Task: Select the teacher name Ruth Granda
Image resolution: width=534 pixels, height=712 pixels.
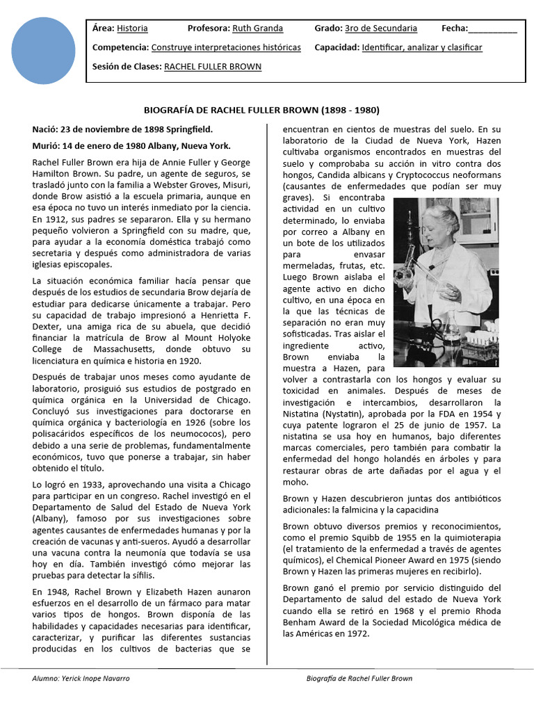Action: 258,29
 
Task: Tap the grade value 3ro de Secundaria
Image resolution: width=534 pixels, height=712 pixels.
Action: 381,29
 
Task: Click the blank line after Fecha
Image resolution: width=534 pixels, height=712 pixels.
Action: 493,30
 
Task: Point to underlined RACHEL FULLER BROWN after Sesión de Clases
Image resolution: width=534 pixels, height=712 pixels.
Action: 212,67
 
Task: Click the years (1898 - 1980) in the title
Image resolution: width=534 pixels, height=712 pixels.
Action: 350,111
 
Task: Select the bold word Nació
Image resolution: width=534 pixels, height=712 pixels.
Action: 44,129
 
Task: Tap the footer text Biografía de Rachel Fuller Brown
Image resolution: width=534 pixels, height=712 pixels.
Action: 359,679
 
